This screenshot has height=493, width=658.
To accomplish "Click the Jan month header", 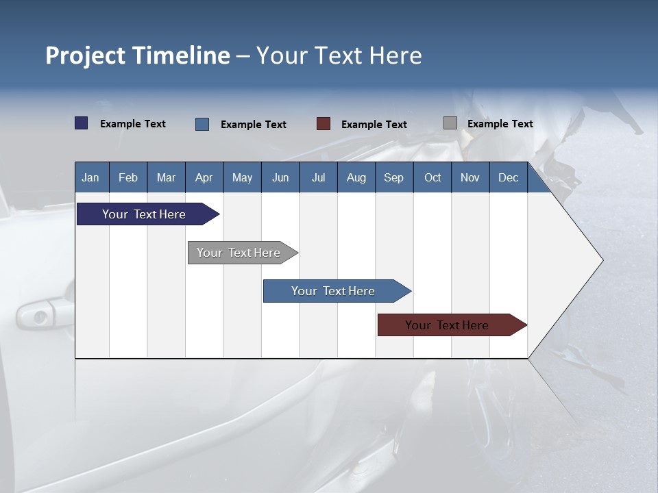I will (90, 178).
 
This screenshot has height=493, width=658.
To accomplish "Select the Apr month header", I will (204, 178).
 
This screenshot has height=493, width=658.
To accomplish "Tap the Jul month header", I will (318, 178).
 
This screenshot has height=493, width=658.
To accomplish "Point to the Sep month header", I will (393, 178).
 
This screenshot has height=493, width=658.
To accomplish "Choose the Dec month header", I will (508, 178).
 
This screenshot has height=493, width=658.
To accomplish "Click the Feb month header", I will (128, 178).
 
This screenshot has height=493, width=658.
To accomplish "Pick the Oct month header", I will (432, 178).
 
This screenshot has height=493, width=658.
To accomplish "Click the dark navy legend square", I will (82, 123).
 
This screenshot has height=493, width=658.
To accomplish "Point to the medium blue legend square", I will (202, 124).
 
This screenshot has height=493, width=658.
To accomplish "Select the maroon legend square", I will (324, 124).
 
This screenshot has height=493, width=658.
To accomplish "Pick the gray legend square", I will (450, 123).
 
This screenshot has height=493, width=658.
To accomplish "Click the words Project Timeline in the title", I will (138, 55).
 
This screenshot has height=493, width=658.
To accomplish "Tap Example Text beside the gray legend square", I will (500, 124).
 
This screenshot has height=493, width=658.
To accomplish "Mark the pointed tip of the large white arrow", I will (602, 260).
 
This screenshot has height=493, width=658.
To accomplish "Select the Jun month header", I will (280, 178).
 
